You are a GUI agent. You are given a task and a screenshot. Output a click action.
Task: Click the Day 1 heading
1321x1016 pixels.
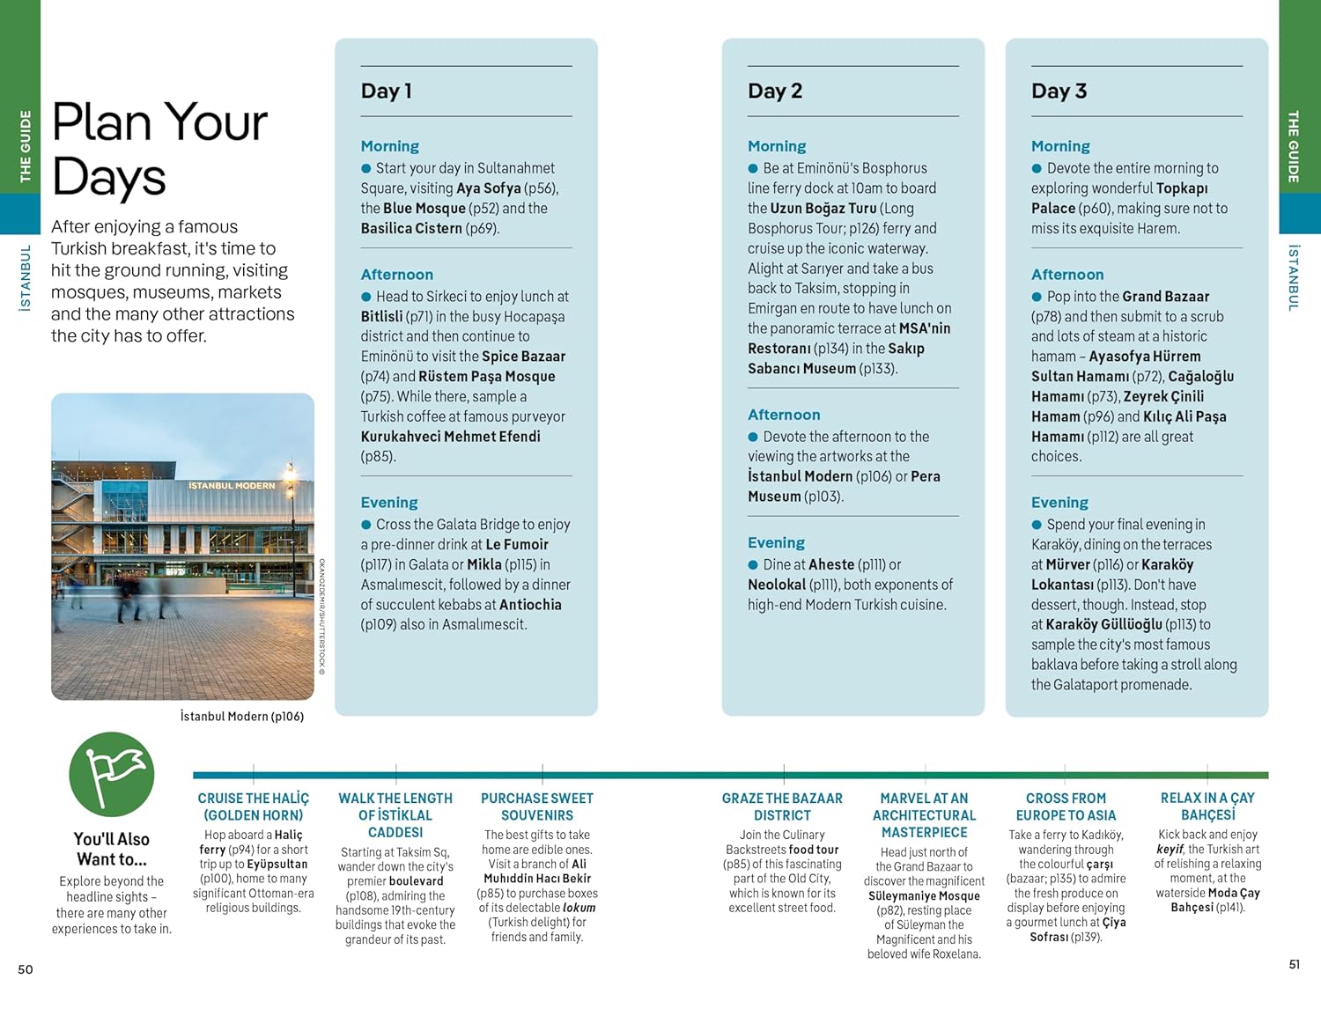pyautogui.click(x=387, y=91)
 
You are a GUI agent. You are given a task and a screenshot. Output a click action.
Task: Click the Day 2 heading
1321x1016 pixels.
pyautogui.click(x=775, y=91)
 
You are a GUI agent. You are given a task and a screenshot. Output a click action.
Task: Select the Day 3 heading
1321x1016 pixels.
pyautogui.click(x=1059, y=91)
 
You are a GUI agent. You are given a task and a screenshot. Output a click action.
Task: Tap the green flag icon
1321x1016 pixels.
pyautogui.click(x=112, y=774)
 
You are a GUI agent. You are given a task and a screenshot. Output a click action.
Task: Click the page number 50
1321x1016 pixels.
pyautogui.click(x=26, y=969)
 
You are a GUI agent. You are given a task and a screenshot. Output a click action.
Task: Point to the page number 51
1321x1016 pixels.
pyautogui.click(x=1294, y=964)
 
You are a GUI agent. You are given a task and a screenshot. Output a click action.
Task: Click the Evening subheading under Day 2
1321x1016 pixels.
pyautogui.click(x=776, y=542)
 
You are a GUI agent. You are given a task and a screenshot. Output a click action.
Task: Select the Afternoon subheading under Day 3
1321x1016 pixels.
pyautogui.click(x=1066, y=275)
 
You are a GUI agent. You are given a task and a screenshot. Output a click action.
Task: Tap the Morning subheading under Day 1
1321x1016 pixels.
pyautogui.click(x=389, y=146)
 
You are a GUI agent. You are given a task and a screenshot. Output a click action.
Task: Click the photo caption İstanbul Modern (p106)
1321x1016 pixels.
pyautogui.click(x=242, y=717)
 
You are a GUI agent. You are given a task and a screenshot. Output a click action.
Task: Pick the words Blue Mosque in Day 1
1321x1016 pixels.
pyautogui.click(x=424, y=208)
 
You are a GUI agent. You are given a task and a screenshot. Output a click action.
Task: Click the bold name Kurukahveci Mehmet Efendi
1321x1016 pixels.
pyautogui.click(x=450, y=437)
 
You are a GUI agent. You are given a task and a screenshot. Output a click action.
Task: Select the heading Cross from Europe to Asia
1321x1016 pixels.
pyautogui.click(x=1066, y=806)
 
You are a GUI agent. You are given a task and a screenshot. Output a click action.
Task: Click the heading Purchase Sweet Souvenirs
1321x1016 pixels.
pyautogui.click(x=537, y=806)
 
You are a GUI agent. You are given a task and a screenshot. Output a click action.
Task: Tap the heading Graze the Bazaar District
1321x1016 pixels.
pyautogui.click(x=782, y=806)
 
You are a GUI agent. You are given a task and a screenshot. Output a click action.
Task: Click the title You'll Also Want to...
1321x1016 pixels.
pyautogui.click(x=112, y=849)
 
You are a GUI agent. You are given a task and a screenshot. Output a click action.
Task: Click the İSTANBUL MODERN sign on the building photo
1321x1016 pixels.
pyautogui.click(x=232, y=486)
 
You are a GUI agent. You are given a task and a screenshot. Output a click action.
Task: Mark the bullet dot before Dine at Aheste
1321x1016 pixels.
pyautogui.click(x=753, y=565)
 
